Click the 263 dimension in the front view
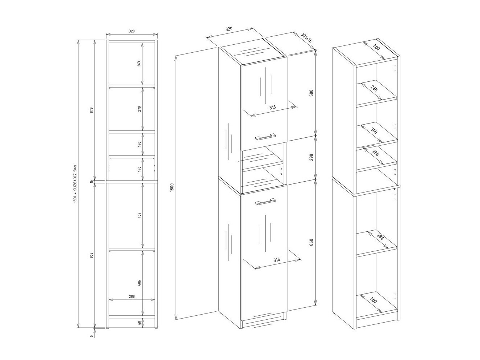point(139,64)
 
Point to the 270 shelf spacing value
point(139,108)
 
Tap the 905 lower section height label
point(91,255)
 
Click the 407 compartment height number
point(139,215)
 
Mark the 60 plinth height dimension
point(139,323)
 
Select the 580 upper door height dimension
point(311,93)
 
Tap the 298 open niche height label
point(311,157)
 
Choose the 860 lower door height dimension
point(311,242)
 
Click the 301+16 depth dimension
point(307,38)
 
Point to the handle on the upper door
point(266,137)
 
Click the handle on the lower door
point(266,202)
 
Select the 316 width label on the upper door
point(273,107)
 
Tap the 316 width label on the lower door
point(277,260)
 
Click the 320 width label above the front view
point(132,31)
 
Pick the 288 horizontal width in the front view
point(132,296)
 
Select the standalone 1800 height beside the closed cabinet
point(172,188)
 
